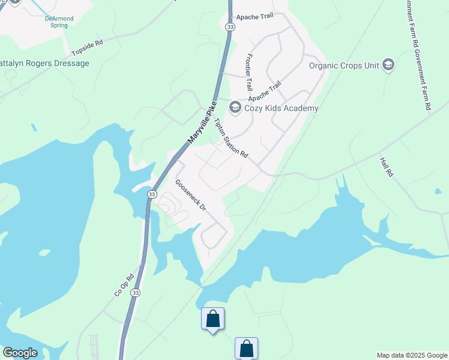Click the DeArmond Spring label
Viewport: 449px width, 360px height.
coord(59,22)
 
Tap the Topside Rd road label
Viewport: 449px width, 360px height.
coord(88,47)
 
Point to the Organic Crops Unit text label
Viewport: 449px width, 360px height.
coord(344,65)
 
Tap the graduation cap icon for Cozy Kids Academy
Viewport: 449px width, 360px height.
coord(235,108)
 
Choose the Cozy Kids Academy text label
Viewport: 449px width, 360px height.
coord(281,109)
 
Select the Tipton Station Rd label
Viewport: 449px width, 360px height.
coord(231,137)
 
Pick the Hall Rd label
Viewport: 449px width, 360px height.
coord(386,167)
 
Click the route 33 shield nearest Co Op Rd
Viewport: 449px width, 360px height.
coord(136,292)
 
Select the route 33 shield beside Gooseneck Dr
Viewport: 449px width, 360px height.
coord(152,194)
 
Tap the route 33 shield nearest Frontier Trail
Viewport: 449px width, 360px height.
coord(231,28)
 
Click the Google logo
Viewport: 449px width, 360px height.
coord(20,353)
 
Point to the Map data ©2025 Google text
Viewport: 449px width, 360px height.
coord(412,355)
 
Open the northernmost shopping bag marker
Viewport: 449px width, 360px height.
coord(212,319)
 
